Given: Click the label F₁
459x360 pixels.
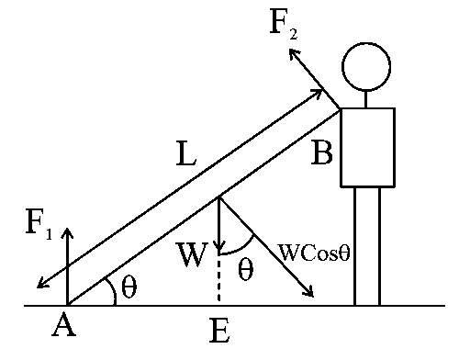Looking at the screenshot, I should point(39,224).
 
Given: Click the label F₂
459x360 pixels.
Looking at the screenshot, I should point(284,24).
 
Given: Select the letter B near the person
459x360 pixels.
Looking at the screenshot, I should point(321,152).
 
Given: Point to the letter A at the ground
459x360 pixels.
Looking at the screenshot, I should point(63,324).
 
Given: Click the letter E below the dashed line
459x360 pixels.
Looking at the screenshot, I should point(218,331).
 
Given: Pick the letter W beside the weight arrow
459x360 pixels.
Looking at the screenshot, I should point(193,254).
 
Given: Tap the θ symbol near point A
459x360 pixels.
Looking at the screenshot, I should point(129,287).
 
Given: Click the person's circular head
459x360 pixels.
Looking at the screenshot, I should point(366,64).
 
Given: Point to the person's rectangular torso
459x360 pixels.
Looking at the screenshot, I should point(367,147).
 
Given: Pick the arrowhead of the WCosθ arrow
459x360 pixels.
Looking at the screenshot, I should point(309,293).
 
